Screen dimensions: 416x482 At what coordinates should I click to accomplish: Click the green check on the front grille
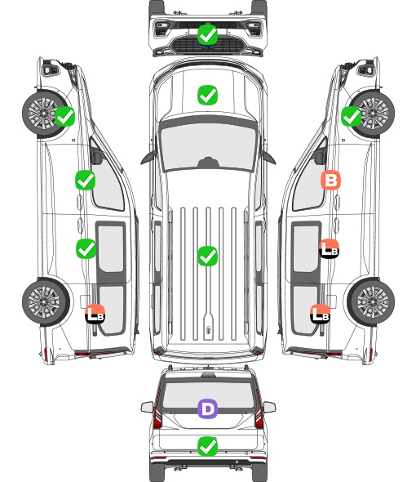click(x=207, y=35)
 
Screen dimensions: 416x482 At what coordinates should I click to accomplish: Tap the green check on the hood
click(x=207, y=95)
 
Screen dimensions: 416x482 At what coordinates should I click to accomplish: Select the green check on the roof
click(x=207, y=256)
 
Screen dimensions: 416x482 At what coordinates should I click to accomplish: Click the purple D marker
click(x=207, y=408)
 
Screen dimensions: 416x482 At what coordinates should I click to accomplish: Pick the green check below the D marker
click(x=207, y=446)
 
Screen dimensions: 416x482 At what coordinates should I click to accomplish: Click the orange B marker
click(x=330, y=180)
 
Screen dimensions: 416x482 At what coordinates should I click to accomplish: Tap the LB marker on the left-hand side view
click(x=95, y=314)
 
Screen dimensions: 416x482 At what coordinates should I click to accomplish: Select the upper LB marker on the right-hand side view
click(x=329, y=248)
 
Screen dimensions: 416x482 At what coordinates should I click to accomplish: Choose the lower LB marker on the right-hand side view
click(x=321, y=314)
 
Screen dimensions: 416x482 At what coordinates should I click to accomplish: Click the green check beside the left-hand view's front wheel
click(x=64, y=116)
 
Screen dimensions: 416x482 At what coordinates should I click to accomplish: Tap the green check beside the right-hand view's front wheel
click(x=352, y=116)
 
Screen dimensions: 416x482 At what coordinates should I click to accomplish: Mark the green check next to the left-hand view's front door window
click(x=86, y=180)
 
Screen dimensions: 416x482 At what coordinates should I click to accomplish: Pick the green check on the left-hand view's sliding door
click(x=86, y=248)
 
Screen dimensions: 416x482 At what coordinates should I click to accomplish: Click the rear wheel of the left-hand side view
click(x=46, y=302)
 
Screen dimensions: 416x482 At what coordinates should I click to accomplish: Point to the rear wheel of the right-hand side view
click(x=371, y=302)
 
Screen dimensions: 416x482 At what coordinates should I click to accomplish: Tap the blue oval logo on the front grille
click(x=207, y=47)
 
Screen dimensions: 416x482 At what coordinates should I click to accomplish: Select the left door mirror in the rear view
click(x=147, y=407)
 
